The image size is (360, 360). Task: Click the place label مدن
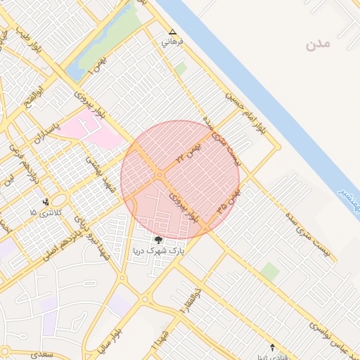pos(317,44)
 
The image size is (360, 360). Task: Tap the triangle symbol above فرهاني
pos(173,32)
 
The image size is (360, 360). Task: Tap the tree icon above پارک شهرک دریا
pos(157,240)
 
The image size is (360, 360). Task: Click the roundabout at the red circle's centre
pos(161,174)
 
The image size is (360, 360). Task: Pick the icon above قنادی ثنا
pos(274,347)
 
